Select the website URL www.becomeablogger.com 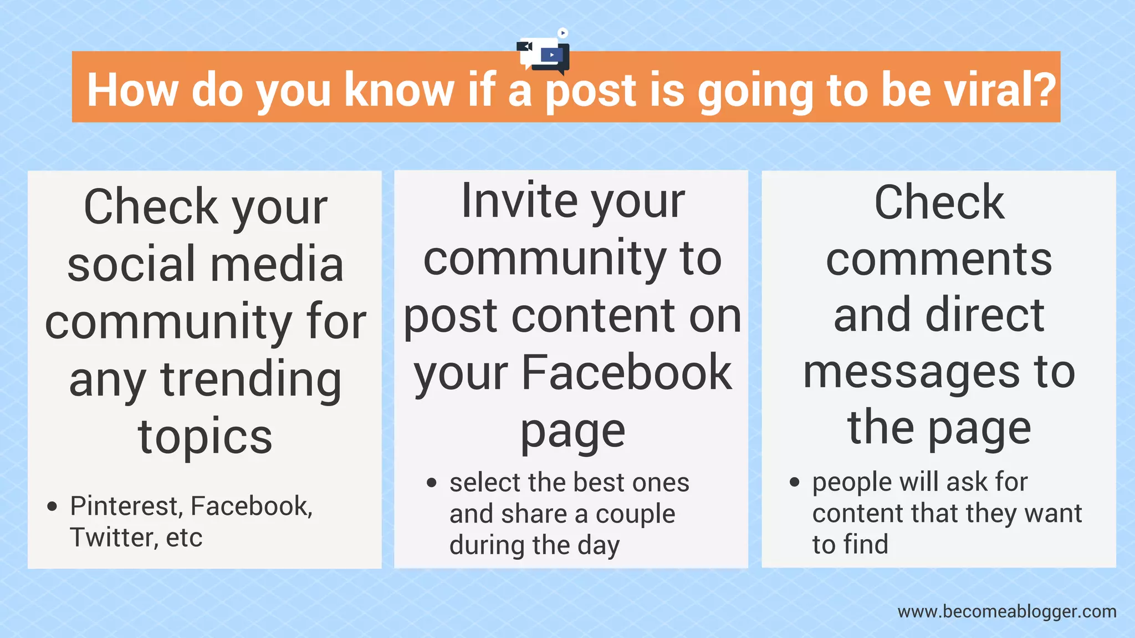pyautogui.click(x=1006, y=611)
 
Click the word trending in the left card pyautogui.click(x=251, y=380)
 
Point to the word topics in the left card pyautogui.click(x=205, y=437)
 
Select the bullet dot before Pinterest pyautogui.click(x=52, y=506)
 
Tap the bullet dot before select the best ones pyautogui.click(x=432, y=483)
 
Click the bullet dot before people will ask pyautogui.click(x=795, y=482)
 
